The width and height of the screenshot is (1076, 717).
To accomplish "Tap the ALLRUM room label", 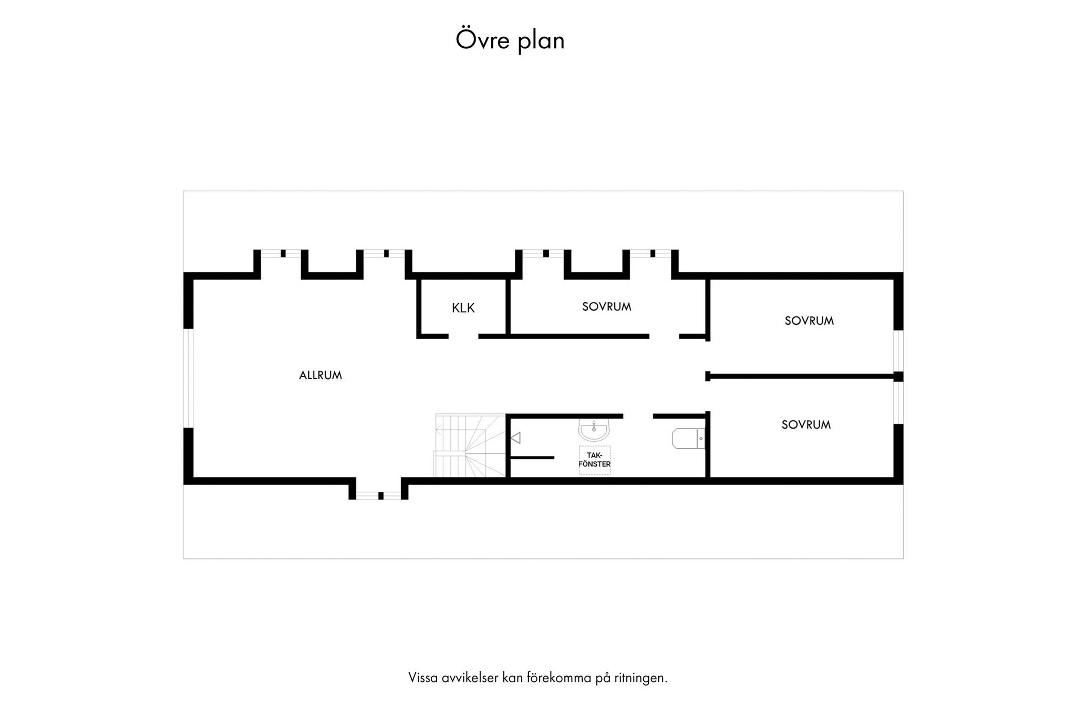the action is tap(320, 376).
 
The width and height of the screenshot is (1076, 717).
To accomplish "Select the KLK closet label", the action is tap(463, 308).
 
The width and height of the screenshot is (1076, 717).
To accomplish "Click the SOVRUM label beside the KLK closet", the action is tap(607, 307).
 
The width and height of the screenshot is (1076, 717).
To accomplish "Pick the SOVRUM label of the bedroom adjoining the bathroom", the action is tap(806, 425).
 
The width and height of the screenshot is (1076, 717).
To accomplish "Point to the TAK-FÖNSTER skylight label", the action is tap(595, 460).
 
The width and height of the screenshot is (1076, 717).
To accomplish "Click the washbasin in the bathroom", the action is tap(594, 430).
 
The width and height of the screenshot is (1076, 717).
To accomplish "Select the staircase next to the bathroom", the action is tap(470, 445).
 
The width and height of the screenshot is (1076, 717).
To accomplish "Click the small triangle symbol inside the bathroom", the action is tap(515, 438).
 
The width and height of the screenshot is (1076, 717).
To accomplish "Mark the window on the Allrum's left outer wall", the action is tap(189, 378).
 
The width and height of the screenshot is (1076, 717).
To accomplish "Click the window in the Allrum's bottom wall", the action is tap(379, 495).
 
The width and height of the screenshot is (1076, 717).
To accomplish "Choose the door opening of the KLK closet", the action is tap(463, 336).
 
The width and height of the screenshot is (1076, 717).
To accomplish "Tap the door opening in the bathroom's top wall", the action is tap(638, 416).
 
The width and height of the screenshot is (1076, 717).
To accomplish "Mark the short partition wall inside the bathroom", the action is tap(532, 458).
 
